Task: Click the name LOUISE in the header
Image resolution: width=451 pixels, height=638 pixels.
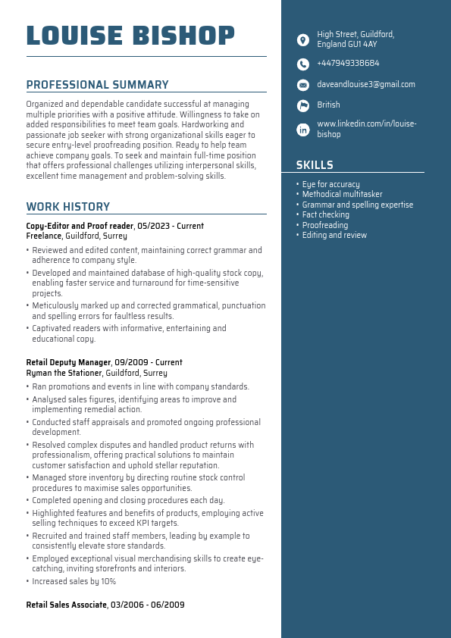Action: tap(74, 36)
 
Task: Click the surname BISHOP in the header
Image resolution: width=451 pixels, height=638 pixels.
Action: tap(183, 36)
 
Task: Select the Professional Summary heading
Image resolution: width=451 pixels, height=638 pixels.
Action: tap(97, 85)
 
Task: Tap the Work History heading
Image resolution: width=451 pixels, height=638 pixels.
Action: tap(68, 207)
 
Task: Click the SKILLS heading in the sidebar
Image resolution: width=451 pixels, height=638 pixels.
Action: tap(315, 165)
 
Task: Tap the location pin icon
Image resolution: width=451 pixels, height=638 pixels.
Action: tap(303, 39)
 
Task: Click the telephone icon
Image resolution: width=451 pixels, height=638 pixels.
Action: tap(303, 64)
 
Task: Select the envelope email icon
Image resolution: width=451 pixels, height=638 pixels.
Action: tap(303, 85)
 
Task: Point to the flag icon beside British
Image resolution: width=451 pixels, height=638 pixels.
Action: tap(303, 105)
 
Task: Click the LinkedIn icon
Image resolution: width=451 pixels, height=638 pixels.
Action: tap(303, 130)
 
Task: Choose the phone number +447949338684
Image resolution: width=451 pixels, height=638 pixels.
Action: tap(348, 64)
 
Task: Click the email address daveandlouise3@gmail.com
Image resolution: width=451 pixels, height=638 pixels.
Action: tap(366, 85)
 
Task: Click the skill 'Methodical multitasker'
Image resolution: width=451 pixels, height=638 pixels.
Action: tap(342, 195)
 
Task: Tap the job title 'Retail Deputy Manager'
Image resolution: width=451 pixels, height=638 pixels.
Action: tap(68, 363)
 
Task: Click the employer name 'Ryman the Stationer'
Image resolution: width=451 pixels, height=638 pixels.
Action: tap(64, 373)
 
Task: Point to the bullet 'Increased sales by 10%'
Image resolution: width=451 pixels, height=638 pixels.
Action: tap(74, 582)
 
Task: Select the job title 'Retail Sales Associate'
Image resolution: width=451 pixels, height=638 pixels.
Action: tap(66, 605)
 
